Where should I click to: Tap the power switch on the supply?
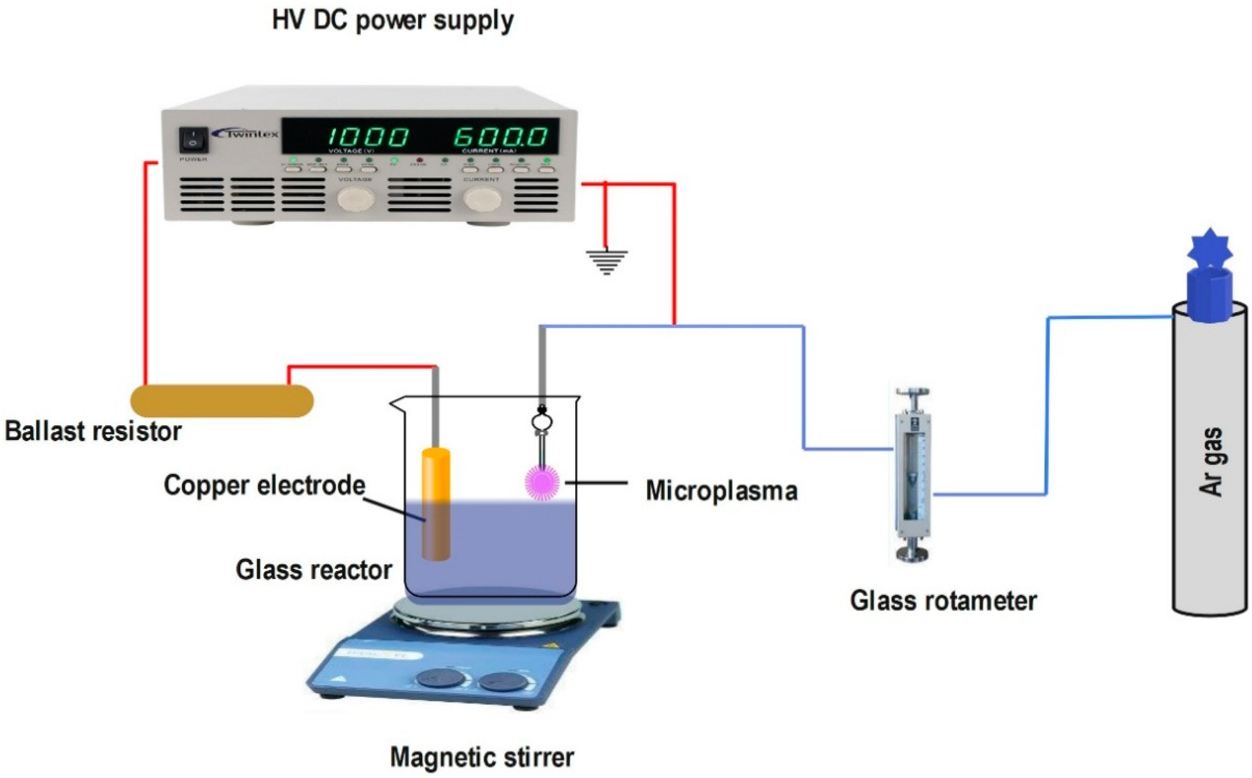(x=193, y=139)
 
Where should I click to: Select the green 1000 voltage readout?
(x=368, y=137)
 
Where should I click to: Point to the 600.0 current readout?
(x=500, y=137)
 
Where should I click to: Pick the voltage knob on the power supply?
(x=355, y=199)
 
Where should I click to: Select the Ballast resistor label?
(x=93, y=431)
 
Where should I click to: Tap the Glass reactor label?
(x=314, y=570)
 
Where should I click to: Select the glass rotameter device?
(x=912, y=476)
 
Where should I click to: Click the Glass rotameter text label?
(x=943, y=601)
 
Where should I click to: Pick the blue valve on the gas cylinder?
(x=1209, y=278)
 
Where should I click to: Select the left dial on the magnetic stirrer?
(x=440, y=678)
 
